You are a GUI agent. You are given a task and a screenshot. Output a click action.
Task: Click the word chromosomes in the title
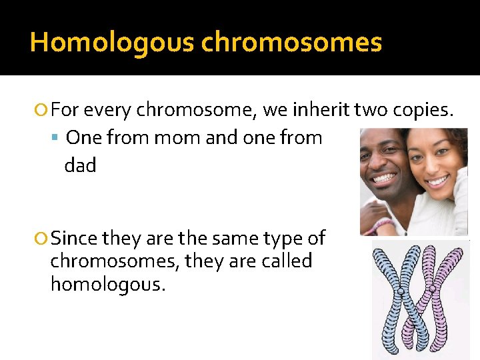click(291, 43)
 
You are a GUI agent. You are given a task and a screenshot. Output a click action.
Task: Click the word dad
click(80, 165)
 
